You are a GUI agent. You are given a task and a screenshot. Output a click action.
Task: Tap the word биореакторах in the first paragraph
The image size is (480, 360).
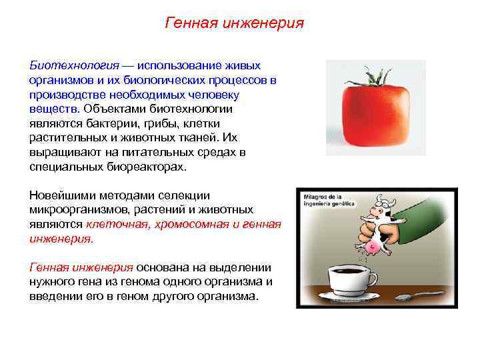[x=147, y=167]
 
